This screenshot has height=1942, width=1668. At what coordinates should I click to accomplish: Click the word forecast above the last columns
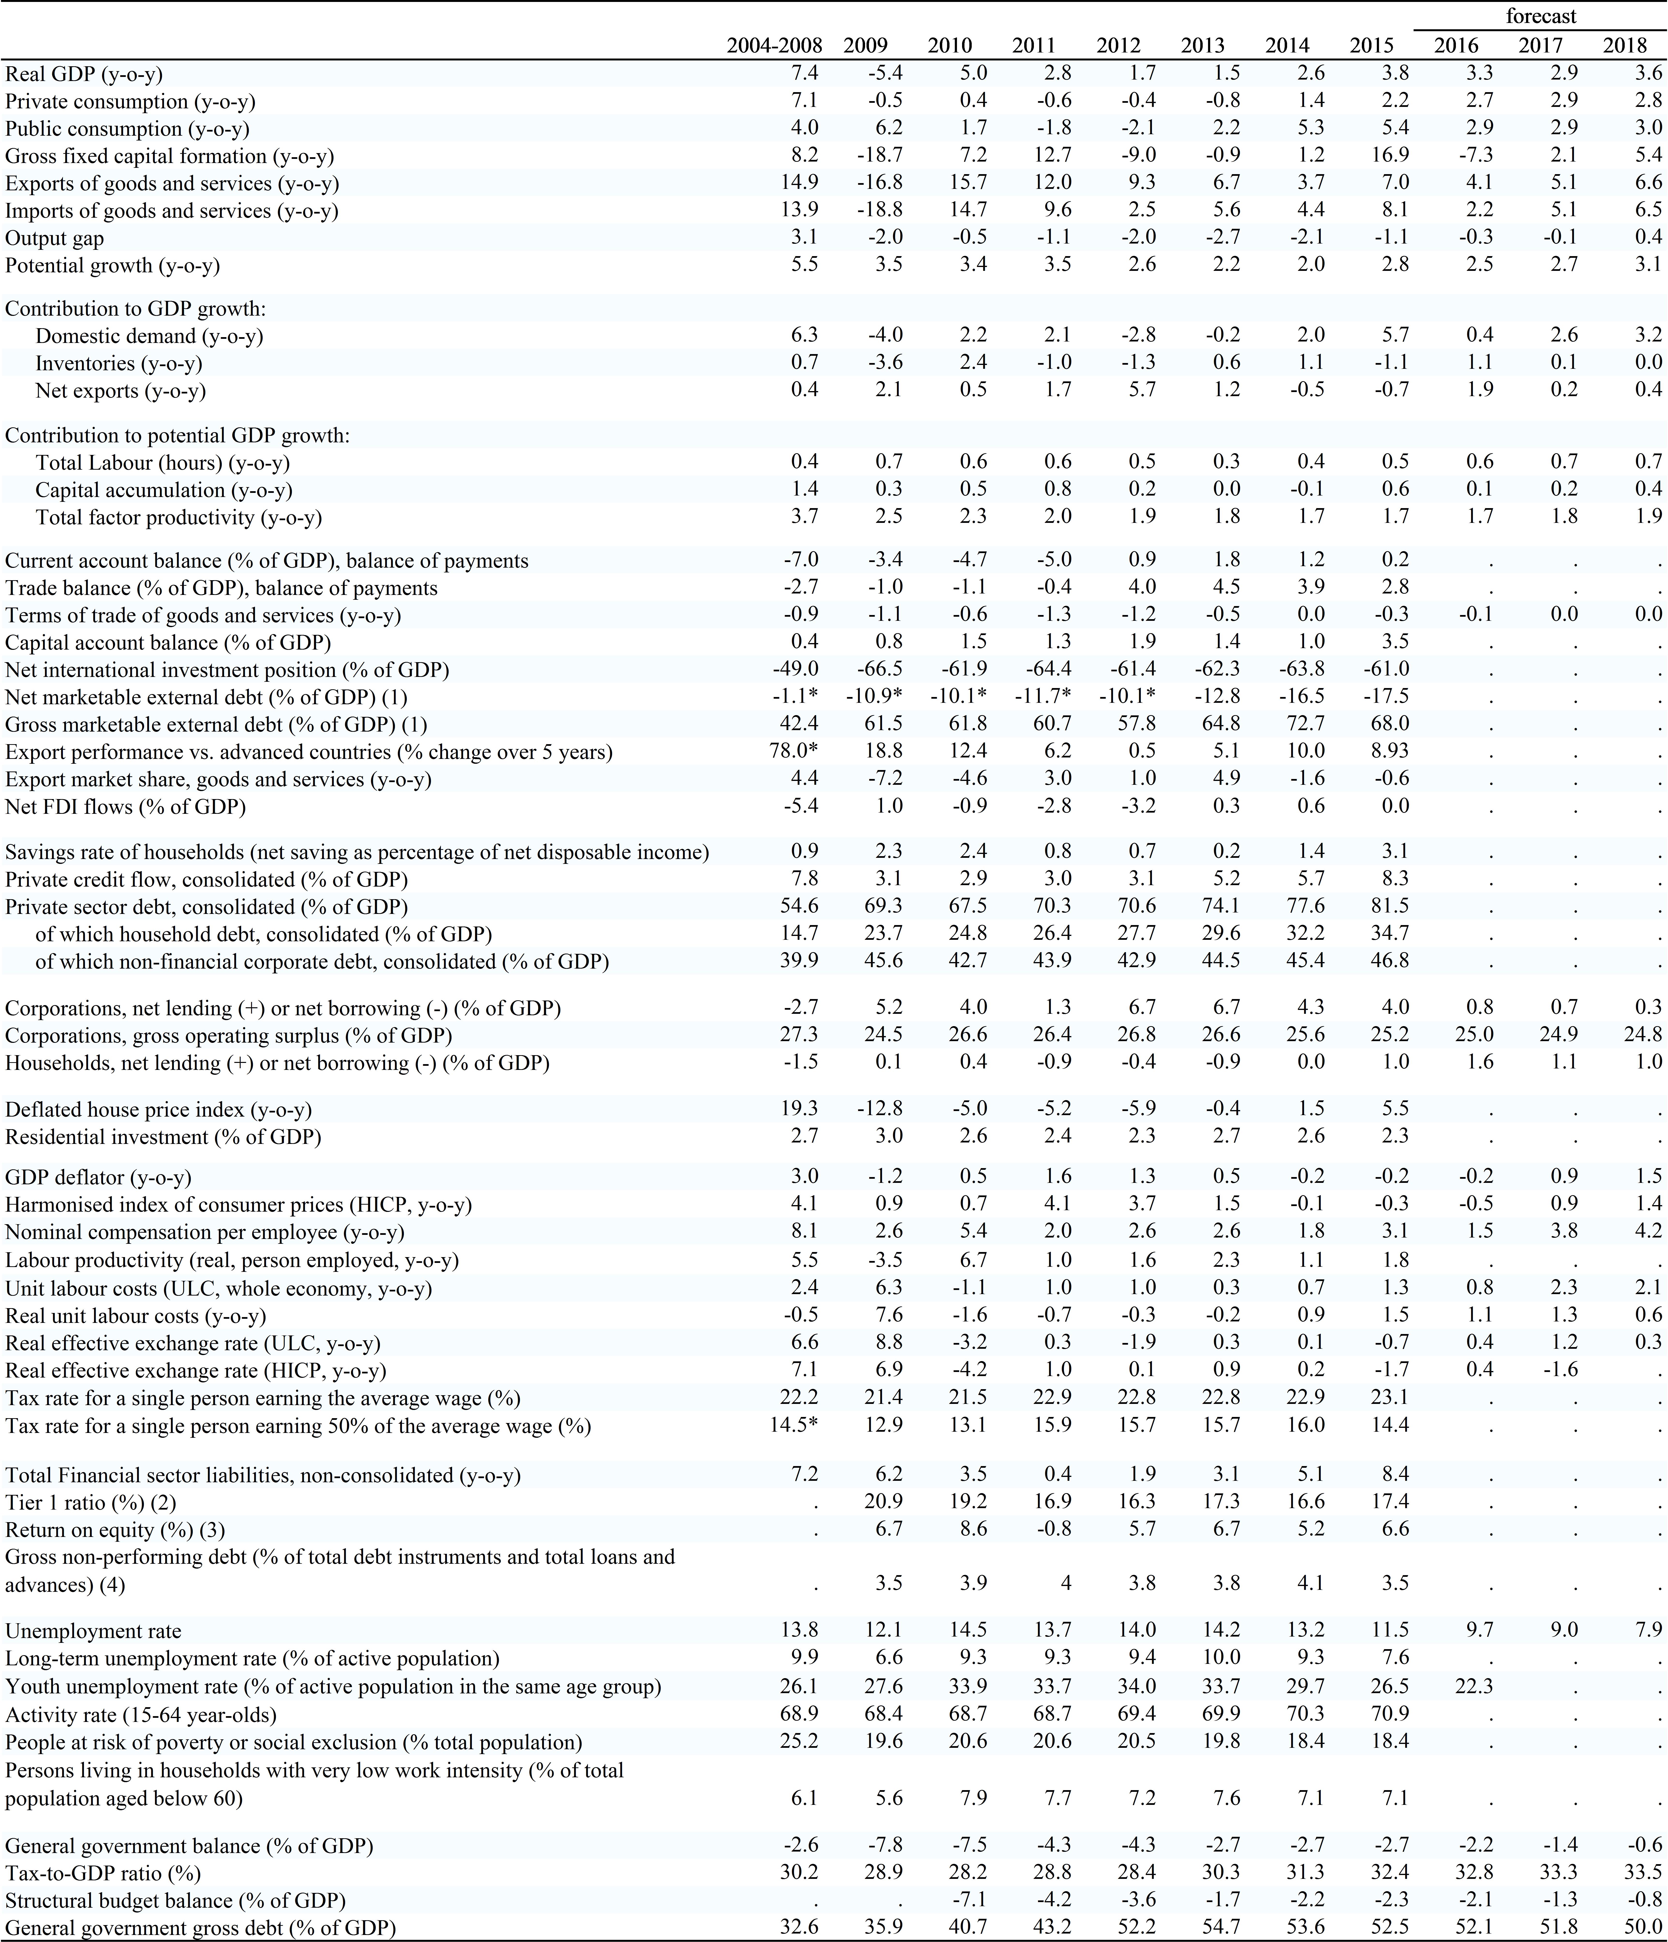point(1541,16)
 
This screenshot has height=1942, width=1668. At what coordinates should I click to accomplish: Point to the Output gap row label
point(54,238)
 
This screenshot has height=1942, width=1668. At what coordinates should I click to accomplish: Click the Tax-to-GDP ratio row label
point(103,1873)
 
